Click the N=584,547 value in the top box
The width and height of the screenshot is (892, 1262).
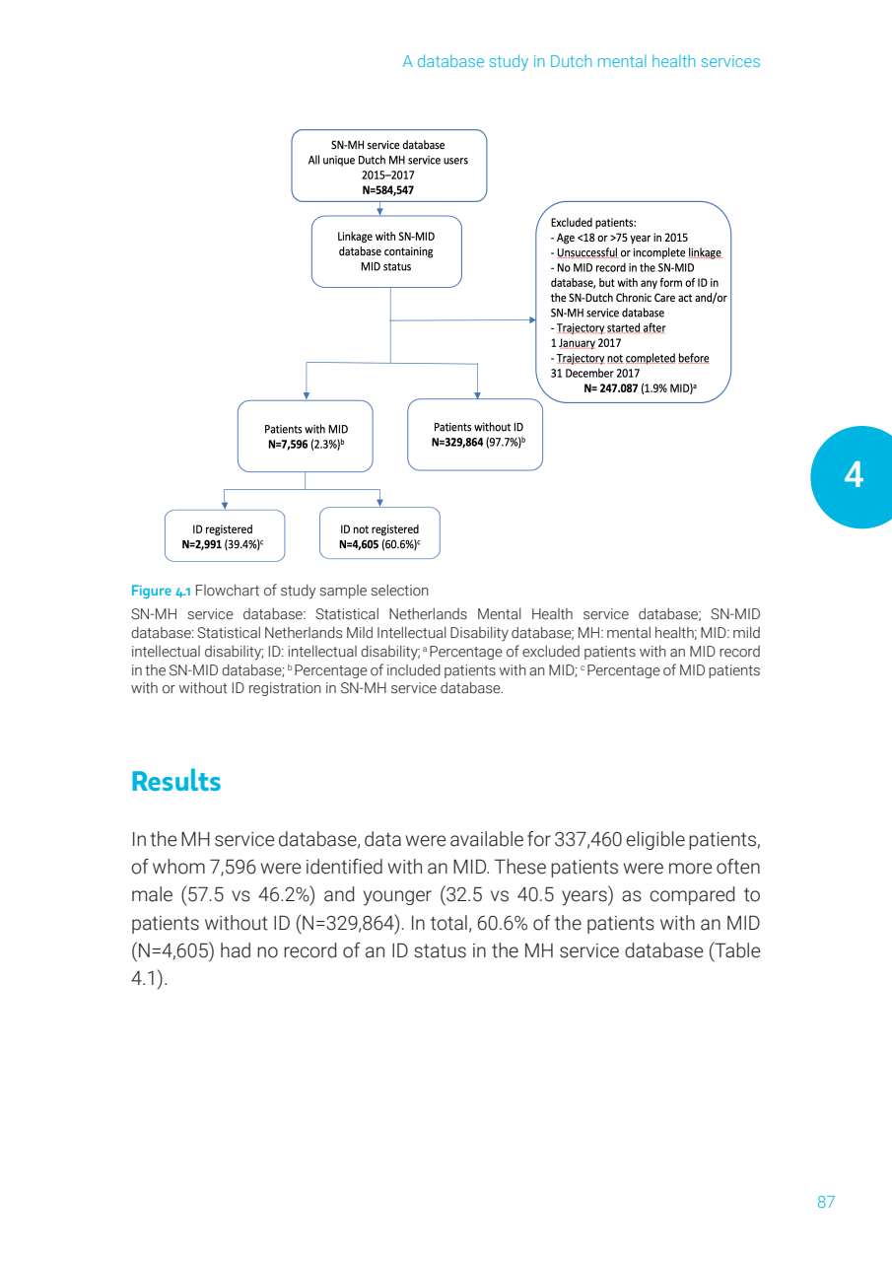point(388,190)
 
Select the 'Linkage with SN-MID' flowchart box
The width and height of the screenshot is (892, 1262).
point(385,251)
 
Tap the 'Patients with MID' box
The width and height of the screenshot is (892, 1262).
point(306,436)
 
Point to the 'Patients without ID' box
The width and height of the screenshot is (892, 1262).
point(475,434)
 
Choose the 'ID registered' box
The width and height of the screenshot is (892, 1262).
point(225,535)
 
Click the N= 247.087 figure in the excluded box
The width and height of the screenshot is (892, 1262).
point(611,388)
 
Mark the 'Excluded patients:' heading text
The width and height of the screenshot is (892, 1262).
point(593,223)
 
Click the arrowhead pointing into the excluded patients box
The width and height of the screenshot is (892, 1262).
point(532,319)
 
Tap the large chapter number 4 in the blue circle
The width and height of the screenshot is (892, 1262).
point(854,476)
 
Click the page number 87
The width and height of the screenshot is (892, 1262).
point(826,1202)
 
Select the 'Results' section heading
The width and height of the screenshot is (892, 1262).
point(176,782)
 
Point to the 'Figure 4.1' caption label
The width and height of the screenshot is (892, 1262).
point(161,591)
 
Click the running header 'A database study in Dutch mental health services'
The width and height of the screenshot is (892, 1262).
point(581,61)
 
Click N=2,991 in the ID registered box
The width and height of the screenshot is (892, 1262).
point(201,543)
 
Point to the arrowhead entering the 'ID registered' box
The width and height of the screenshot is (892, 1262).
point(225,505)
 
